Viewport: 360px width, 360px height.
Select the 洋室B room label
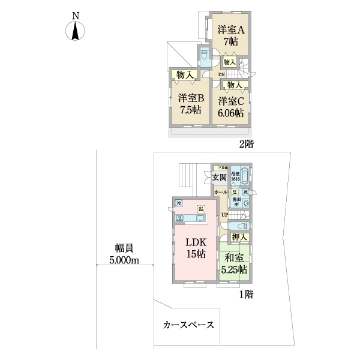190,98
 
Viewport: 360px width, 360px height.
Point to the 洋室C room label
231,101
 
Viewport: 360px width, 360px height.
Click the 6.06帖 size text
231,112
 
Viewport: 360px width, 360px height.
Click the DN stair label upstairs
221,74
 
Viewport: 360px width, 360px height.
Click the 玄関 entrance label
219,178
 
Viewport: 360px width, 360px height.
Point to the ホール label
220,191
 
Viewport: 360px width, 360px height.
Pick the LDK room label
195,243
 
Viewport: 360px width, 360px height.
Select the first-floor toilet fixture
240,226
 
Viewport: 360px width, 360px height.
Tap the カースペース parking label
188,325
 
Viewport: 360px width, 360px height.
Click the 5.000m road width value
124,260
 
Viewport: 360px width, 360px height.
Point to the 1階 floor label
246,295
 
